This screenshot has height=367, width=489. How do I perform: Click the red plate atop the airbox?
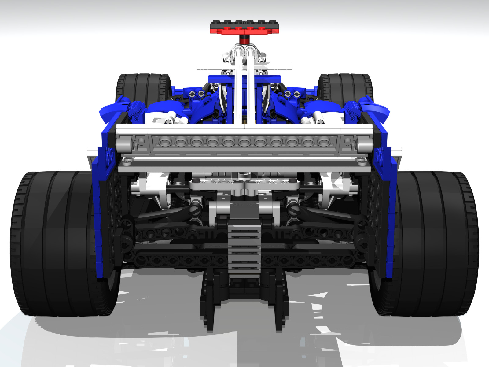point(244,30)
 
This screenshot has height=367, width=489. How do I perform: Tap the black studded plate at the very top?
point(244,23)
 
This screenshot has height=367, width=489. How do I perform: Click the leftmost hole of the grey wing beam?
point(165,142)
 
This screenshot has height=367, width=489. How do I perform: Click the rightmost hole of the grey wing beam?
point(324,142)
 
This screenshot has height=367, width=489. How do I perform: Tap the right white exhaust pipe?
point(318,118)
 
